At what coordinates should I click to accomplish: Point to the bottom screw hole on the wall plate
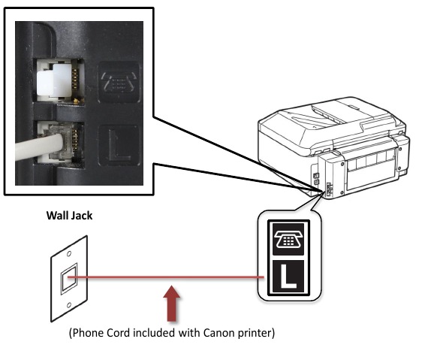click(x=69, y=307)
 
